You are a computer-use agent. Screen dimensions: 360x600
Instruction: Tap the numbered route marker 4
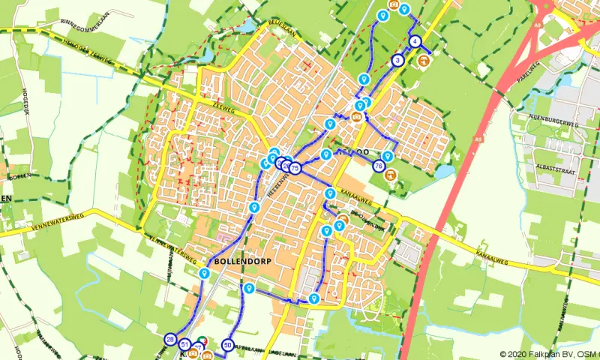(x=415, y=41)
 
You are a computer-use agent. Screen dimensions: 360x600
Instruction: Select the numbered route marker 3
(x=397, y=60)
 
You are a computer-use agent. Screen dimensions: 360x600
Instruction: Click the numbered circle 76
(x=379, y=166)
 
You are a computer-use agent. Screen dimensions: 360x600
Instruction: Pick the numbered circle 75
(x=295, y=169)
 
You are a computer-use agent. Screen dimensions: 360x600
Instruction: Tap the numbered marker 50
(x=227, y=345)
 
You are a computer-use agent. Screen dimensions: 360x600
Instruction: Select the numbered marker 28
(x=171, y=340)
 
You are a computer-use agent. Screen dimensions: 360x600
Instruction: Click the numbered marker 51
(x=184, y=344)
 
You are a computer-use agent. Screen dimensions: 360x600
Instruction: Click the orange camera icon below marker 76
(x=391, y=177)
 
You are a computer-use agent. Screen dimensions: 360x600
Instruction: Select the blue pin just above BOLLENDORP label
(x=255, y=207)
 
